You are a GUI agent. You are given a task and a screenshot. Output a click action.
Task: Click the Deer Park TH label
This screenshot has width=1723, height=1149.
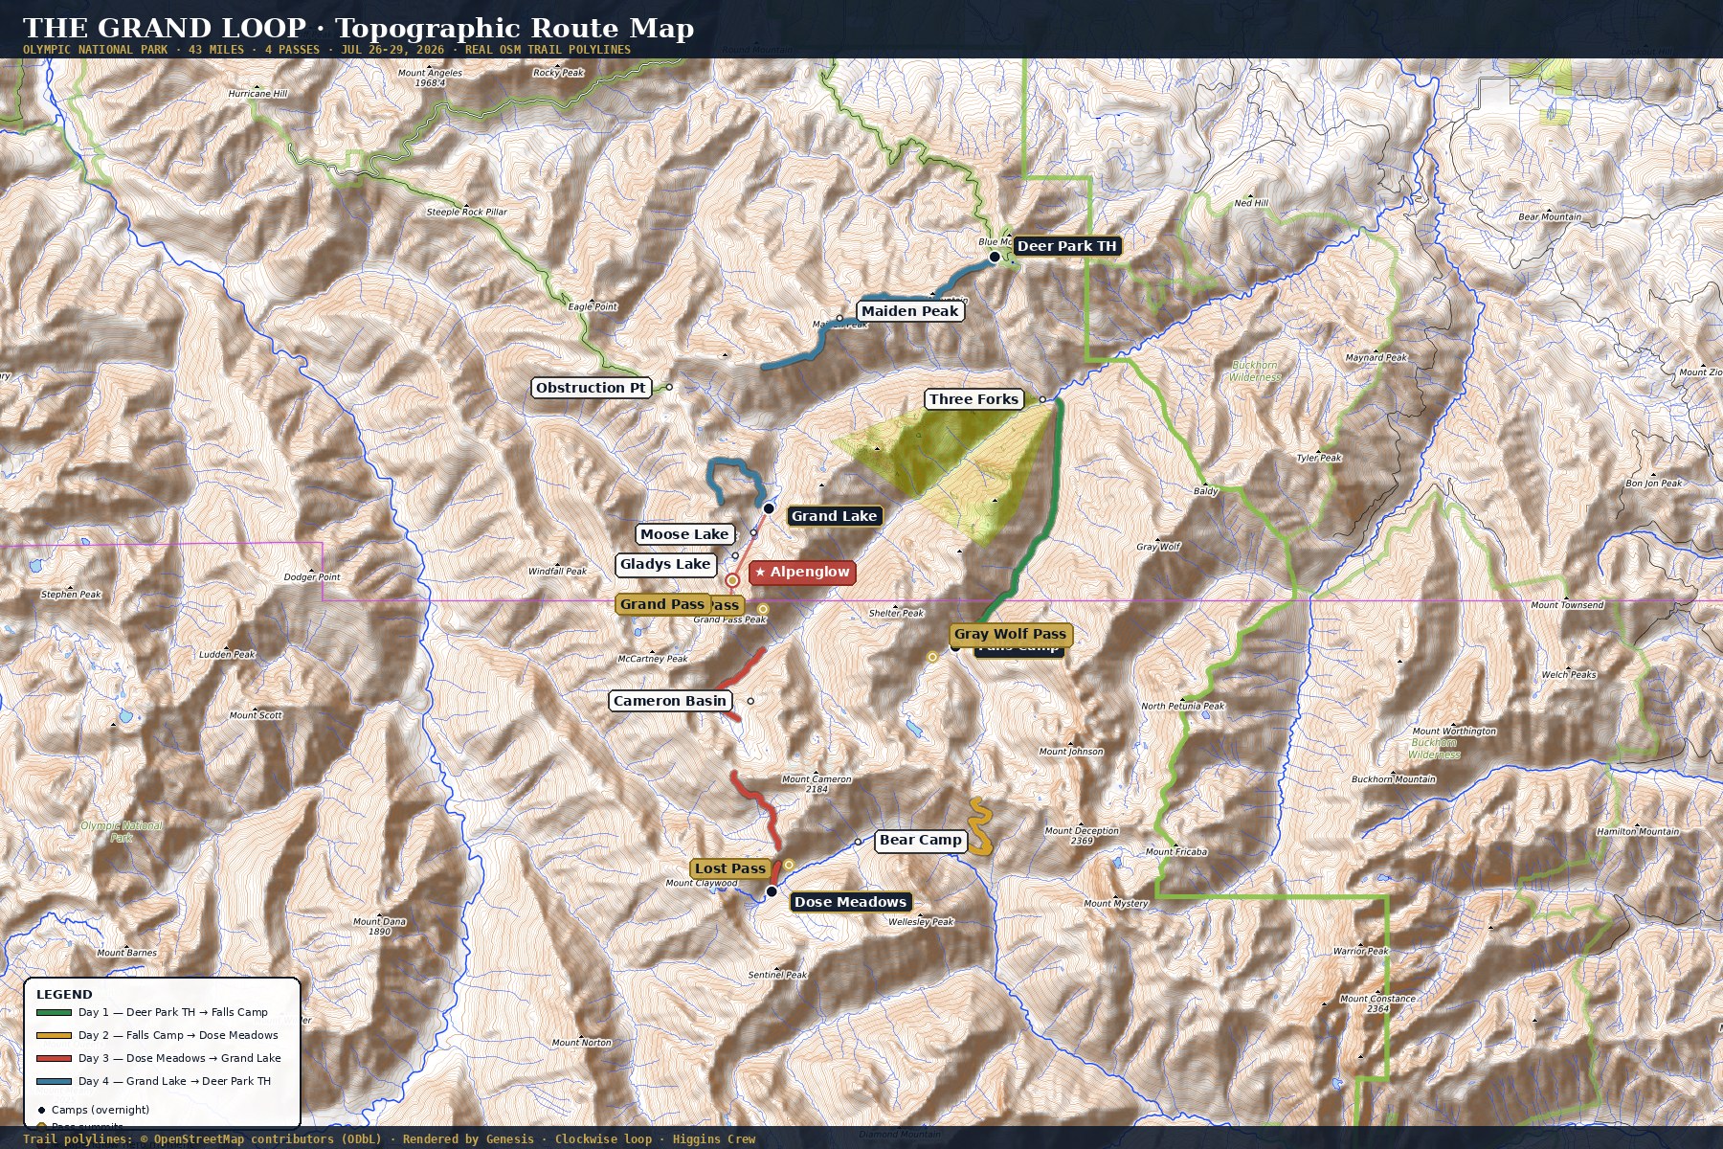point(1066,246)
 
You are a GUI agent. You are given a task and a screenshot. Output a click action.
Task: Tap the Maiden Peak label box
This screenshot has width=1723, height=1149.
point(909,311)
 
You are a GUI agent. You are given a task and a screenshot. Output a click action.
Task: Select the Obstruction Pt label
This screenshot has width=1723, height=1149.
point(591,388)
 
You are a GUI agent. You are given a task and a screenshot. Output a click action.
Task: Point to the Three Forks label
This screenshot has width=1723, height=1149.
point(973,399)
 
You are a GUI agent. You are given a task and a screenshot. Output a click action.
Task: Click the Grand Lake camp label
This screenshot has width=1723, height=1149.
point(834,516)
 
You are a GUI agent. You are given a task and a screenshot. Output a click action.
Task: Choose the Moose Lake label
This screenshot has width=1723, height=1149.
point(684,534)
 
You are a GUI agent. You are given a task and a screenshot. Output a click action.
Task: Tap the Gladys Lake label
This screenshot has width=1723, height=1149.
point(665,565)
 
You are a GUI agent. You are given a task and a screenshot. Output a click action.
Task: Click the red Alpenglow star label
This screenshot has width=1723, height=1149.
point(802,573)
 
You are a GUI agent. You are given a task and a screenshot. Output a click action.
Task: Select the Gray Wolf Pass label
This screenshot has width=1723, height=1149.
point(1010,634)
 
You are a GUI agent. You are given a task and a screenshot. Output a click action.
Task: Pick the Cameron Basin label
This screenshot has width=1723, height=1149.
point(670,701)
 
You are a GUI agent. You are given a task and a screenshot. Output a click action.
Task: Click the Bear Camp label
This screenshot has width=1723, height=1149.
point(920,841)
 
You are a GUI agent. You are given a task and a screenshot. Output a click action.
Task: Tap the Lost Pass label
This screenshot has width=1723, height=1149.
point(730,868)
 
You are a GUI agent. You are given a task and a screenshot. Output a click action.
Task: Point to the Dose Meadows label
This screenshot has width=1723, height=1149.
point(850,902)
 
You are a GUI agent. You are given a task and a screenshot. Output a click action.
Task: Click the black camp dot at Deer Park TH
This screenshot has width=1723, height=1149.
point(995,257)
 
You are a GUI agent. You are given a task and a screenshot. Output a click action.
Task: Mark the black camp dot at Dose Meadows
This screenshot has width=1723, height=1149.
point(772,891)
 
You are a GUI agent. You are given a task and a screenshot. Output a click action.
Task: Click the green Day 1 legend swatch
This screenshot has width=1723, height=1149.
point(54,1012)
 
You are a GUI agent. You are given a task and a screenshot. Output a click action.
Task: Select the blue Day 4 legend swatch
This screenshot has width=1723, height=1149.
point(54,1081)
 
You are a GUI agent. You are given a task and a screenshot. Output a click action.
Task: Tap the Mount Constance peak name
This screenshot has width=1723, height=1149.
point(1377,999)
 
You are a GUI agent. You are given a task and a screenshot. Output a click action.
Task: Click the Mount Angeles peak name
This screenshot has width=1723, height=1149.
point(430,73)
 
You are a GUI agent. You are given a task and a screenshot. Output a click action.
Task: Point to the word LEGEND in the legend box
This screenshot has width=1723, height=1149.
point(64,995)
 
